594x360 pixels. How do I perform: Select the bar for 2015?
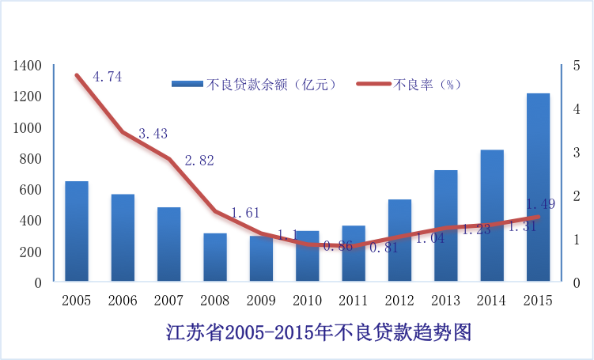pyautogui.click(x=538, y=187)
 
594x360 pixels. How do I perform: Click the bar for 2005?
pyautogui.click(x=77, y=230)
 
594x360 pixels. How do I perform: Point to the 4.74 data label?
pyautogui.click(x=107, y=77)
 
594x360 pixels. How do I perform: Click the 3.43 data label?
pyautogui.click(x=153, y=134)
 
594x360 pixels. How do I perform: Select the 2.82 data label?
pyautogui.click(x=199, y=160)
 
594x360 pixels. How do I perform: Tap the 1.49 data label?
pyautogui.click(x=540, y=203)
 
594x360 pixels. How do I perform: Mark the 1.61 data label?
pyautogui.click(x=245, y=213)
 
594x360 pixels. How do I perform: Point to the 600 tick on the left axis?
pyautogui.click(x=31, y=189)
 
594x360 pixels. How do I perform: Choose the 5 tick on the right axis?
pyautogui.click(x=577, y=65)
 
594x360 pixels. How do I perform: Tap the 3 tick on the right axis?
pyautogui.click(x=577, y=152)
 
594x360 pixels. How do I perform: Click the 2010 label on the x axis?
pyautogui.click(x=308, y=301)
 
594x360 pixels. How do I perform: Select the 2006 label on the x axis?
pyautogui.click(x=123, y=301)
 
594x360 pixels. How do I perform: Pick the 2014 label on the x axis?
pyautogui.click(x=492, y=301)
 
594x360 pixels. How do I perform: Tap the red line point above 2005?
pyautogui.click(x=78, y=76)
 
